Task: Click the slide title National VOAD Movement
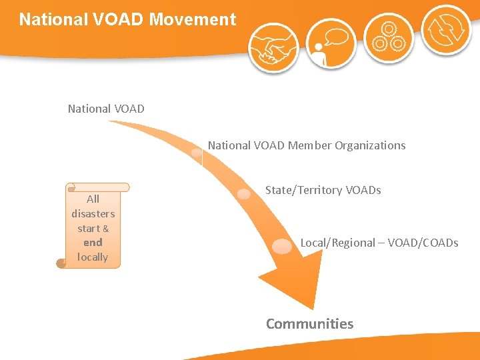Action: [x=127, y=19]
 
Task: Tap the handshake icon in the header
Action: [x=273, y=47]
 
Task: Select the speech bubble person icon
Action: [x=331, y=43]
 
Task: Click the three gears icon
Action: [x=389, y=37]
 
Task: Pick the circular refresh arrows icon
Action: [x=446, y=31]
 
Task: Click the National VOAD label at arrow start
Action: [x=106, y=108]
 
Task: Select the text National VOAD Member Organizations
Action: [x=306, y=145]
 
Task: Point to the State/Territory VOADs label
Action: [x=323, y=190]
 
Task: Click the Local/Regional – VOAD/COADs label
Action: [x=379, y=243]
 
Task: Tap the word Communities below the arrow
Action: [x=309, y=324]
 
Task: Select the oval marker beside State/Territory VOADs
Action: [x=245, y=193]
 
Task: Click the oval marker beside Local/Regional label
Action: [x=283, y=246]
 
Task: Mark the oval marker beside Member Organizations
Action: [x=196, y=153]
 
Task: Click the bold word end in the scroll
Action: [x=93, y=243]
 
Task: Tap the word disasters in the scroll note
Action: [x=93, y=213]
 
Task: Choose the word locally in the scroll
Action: [x=93, y=257]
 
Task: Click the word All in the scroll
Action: [x=93, y=199]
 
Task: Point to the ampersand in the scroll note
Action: [x=105, y=229]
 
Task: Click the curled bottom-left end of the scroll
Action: [x=61, y=263]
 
